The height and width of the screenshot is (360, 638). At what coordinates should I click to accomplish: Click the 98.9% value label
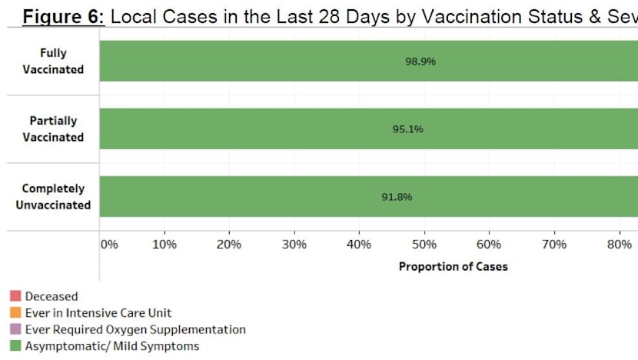(x=420, y=62)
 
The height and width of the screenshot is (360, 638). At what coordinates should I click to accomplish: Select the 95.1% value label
(x=407, y=129)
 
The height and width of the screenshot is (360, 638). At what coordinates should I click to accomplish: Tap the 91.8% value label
(x=397, y=197)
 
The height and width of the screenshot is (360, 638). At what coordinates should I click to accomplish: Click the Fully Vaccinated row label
(x=53, y=62)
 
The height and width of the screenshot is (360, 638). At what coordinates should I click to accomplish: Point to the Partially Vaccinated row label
(x=53, y=129)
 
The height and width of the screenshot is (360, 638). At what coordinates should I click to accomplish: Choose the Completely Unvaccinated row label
(x=53, y=197)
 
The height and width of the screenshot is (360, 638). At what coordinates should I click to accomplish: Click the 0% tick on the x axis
(x=109, y=245)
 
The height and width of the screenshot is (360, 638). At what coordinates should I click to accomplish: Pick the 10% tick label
(x=164, y=245)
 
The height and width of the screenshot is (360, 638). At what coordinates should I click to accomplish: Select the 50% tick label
(x=424, y=245)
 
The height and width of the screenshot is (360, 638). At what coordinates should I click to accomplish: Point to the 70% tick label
(x=554, y=245)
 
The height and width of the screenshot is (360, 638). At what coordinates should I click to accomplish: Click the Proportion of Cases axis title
(x=453, y=267)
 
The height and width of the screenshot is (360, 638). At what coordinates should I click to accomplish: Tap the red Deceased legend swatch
(x=15, y=296)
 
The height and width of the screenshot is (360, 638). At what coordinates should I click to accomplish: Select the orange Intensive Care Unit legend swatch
(x=15, y=313)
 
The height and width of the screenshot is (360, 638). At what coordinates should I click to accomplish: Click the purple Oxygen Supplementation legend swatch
(x=15, y=330)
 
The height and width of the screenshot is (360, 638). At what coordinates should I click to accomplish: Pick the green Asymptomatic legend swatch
(x=15, y=347)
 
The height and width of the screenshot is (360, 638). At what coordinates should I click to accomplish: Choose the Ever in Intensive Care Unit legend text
(x=98, y=313)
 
